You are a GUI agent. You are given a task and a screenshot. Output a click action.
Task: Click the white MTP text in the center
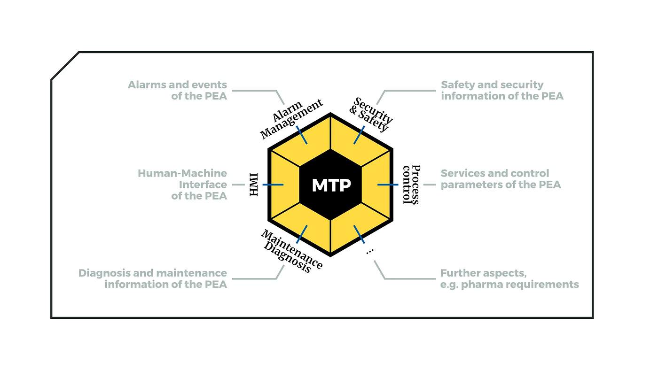(331, 185)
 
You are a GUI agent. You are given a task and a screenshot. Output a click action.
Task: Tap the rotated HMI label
(254, 185)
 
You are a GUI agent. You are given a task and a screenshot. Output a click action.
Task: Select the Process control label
(411, 184)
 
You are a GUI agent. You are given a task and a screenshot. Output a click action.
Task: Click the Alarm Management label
(291, 118)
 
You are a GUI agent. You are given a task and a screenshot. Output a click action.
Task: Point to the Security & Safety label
(371, 115)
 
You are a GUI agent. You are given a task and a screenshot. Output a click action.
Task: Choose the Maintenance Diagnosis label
(292, 251)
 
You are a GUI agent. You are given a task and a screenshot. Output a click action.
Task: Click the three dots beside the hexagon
(370, 251)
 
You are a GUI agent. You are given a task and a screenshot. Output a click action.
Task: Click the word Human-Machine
(182, 173)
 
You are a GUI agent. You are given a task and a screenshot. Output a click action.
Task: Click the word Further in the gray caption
(459, 273)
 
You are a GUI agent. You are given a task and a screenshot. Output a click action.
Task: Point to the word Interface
(203, 185)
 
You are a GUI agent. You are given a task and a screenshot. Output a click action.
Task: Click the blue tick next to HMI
(273, 185)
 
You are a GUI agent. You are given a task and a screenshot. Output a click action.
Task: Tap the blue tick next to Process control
(388, 185)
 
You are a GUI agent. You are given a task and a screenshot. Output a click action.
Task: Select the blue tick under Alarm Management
(302, 135)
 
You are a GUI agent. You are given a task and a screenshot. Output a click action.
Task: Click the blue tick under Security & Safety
(359, 135)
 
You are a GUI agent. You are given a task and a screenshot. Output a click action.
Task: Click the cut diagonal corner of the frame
(65, 66)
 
